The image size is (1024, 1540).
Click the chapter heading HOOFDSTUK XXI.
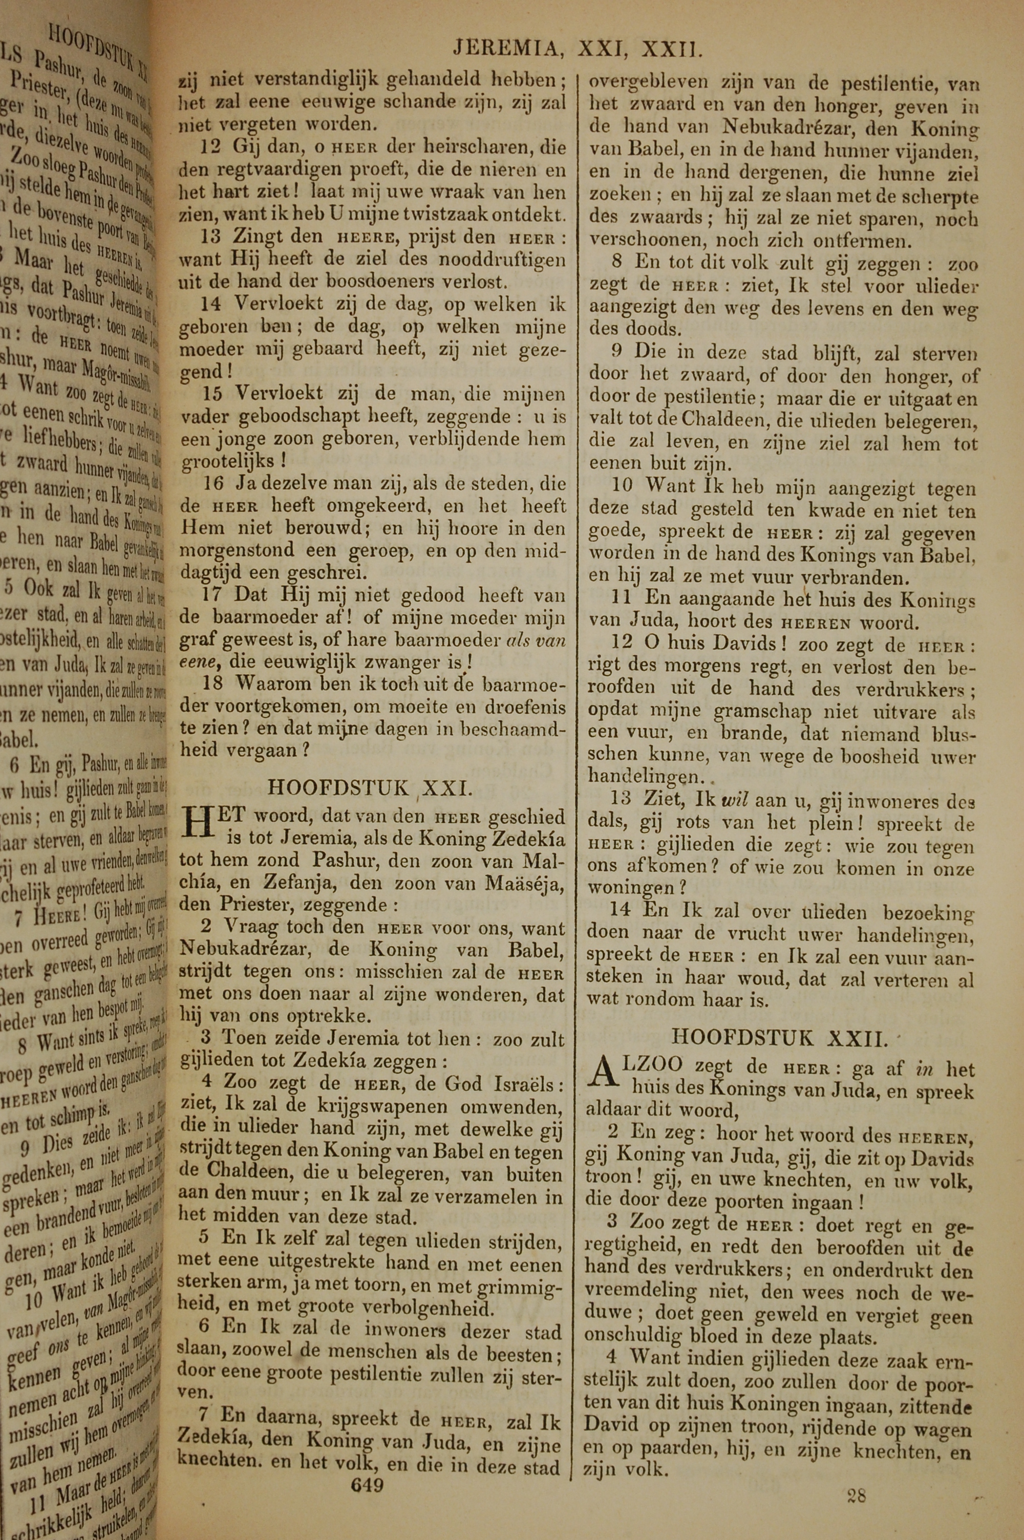click(x=369, y=787)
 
